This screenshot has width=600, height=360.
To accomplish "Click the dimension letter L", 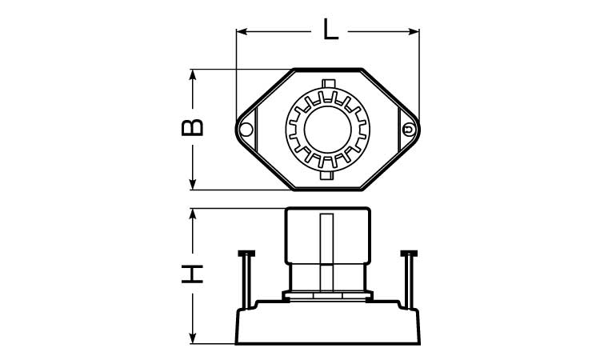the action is [330, 29].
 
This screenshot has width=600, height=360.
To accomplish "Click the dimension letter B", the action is [192, 128].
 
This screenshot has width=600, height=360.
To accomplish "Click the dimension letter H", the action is [192, 274].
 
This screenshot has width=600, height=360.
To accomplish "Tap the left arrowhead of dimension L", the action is [242, 31].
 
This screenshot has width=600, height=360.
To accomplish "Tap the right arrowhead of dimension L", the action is [414, 31].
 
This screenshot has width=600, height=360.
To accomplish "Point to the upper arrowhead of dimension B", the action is [193, 74].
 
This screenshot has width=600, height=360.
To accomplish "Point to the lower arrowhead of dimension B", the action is [193, 184].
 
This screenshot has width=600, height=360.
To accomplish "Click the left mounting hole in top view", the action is [246, 130].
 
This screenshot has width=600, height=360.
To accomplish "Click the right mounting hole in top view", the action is [409, 130].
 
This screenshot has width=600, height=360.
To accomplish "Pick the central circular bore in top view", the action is [327, 130].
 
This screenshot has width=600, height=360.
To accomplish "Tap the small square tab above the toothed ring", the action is [328, 83].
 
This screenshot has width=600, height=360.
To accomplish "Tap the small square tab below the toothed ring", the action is [326, 176].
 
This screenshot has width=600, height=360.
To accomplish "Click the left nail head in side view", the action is [246, 254].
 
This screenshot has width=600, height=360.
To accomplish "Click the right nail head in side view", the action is [409, 254].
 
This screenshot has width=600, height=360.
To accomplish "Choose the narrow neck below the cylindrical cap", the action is [327, 278].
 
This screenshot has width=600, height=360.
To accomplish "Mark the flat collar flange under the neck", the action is [327, 296].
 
